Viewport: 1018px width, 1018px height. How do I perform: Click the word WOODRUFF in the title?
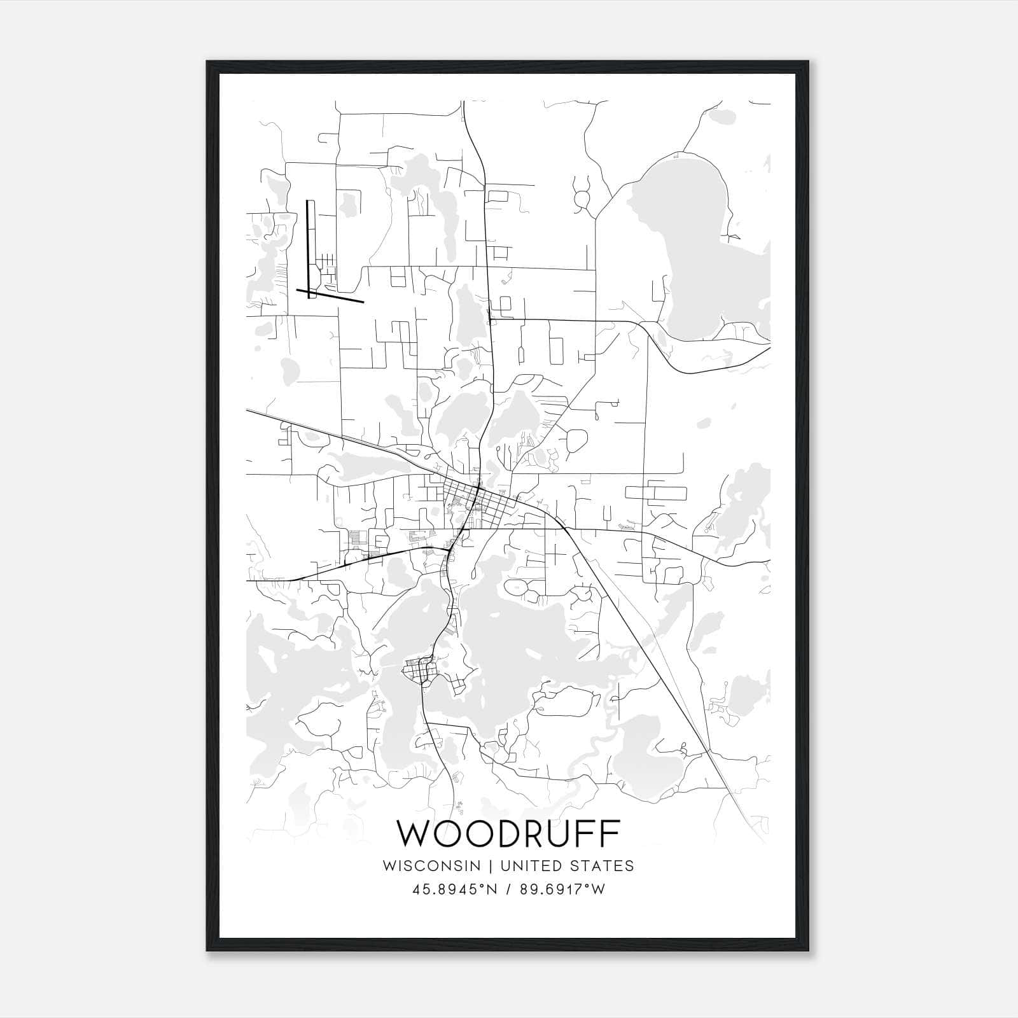coord(508,833)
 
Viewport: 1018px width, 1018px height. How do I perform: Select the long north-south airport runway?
coord(310,248)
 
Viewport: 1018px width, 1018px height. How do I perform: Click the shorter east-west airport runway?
coord(330,295)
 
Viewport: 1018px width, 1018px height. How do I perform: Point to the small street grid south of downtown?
coord(420,671)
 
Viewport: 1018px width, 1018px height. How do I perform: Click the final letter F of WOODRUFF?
coord(610,833)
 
